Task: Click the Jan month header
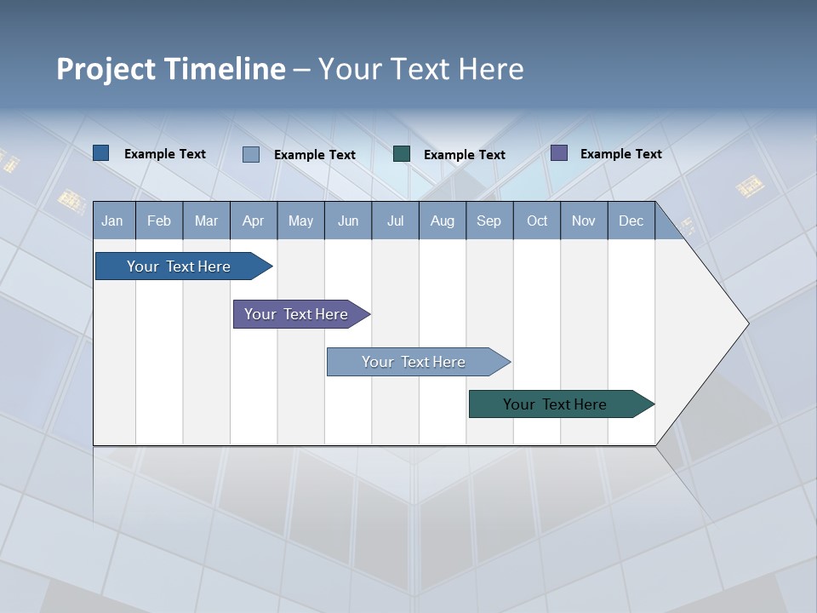click(113, 221)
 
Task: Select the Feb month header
click(159, 221)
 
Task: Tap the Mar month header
click(206, 221)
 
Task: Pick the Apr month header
click(254, 221)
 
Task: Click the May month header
click(300, 221)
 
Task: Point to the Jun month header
click(348, 221)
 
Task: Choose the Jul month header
click(395, 221)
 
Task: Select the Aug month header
click(443, 221)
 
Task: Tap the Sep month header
click(489, 221)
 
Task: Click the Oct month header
click(537, 221)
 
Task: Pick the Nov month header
click(584, 221)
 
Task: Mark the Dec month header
click(631, 221)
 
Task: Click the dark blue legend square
click(101, 153)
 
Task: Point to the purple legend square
click(559, 153)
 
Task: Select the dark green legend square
click(402, 154)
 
